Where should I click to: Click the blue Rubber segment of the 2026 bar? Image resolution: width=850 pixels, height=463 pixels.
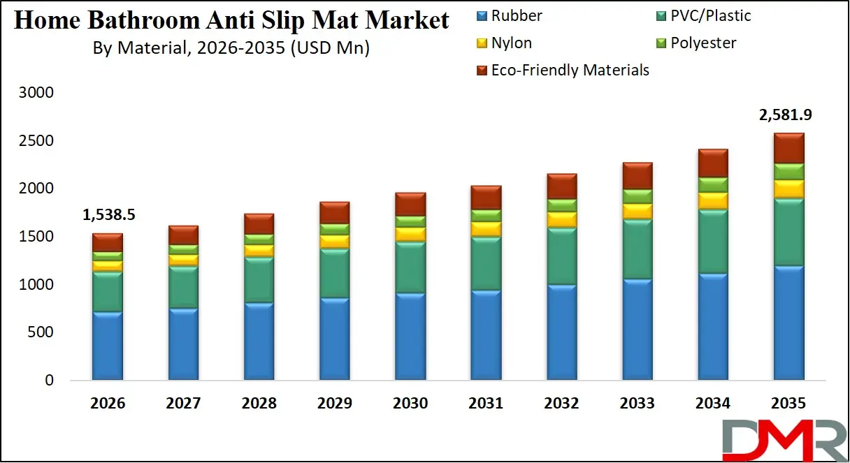click(x=108, y=346)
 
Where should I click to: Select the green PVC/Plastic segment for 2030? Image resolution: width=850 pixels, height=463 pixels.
click(x=410, y=267)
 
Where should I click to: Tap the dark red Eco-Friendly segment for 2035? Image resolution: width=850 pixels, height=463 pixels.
click(x=788, y=148)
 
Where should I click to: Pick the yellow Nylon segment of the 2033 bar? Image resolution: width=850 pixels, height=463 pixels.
click(x=637, y=211)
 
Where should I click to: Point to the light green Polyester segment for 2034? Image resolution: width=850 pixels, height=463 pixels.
click(x=713, y=184)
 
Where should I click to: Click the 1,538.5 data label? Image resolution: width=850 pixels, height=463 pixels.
click(x=108, y=215)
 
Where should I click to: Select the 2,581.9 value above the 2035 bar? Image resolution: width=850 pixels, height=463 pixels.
click(x=786, y=115)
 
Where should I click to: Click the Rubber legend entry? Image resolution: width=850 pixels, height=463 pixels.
click(x=516, y=15)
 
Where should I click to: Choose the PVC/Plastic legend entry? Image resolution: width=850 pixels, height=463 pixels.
click(x=710, y=15)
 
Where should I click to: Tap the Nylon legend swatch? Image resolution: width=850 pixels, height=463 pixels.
click(x=482, y=44)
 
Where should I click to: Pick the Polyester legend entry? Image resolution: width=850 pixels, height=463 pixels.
click(x=703, y=43)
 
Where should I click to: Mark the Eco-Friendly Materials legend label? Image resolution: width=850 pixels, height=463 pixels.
click(x=570, y=71)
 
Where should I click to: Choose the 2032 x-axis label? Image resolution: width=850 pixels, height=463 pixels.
click(x=561, y=403)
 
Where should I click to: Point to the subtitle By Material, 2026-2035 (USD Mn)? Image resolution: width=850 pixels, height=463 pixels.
click(x=231, y=48)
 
